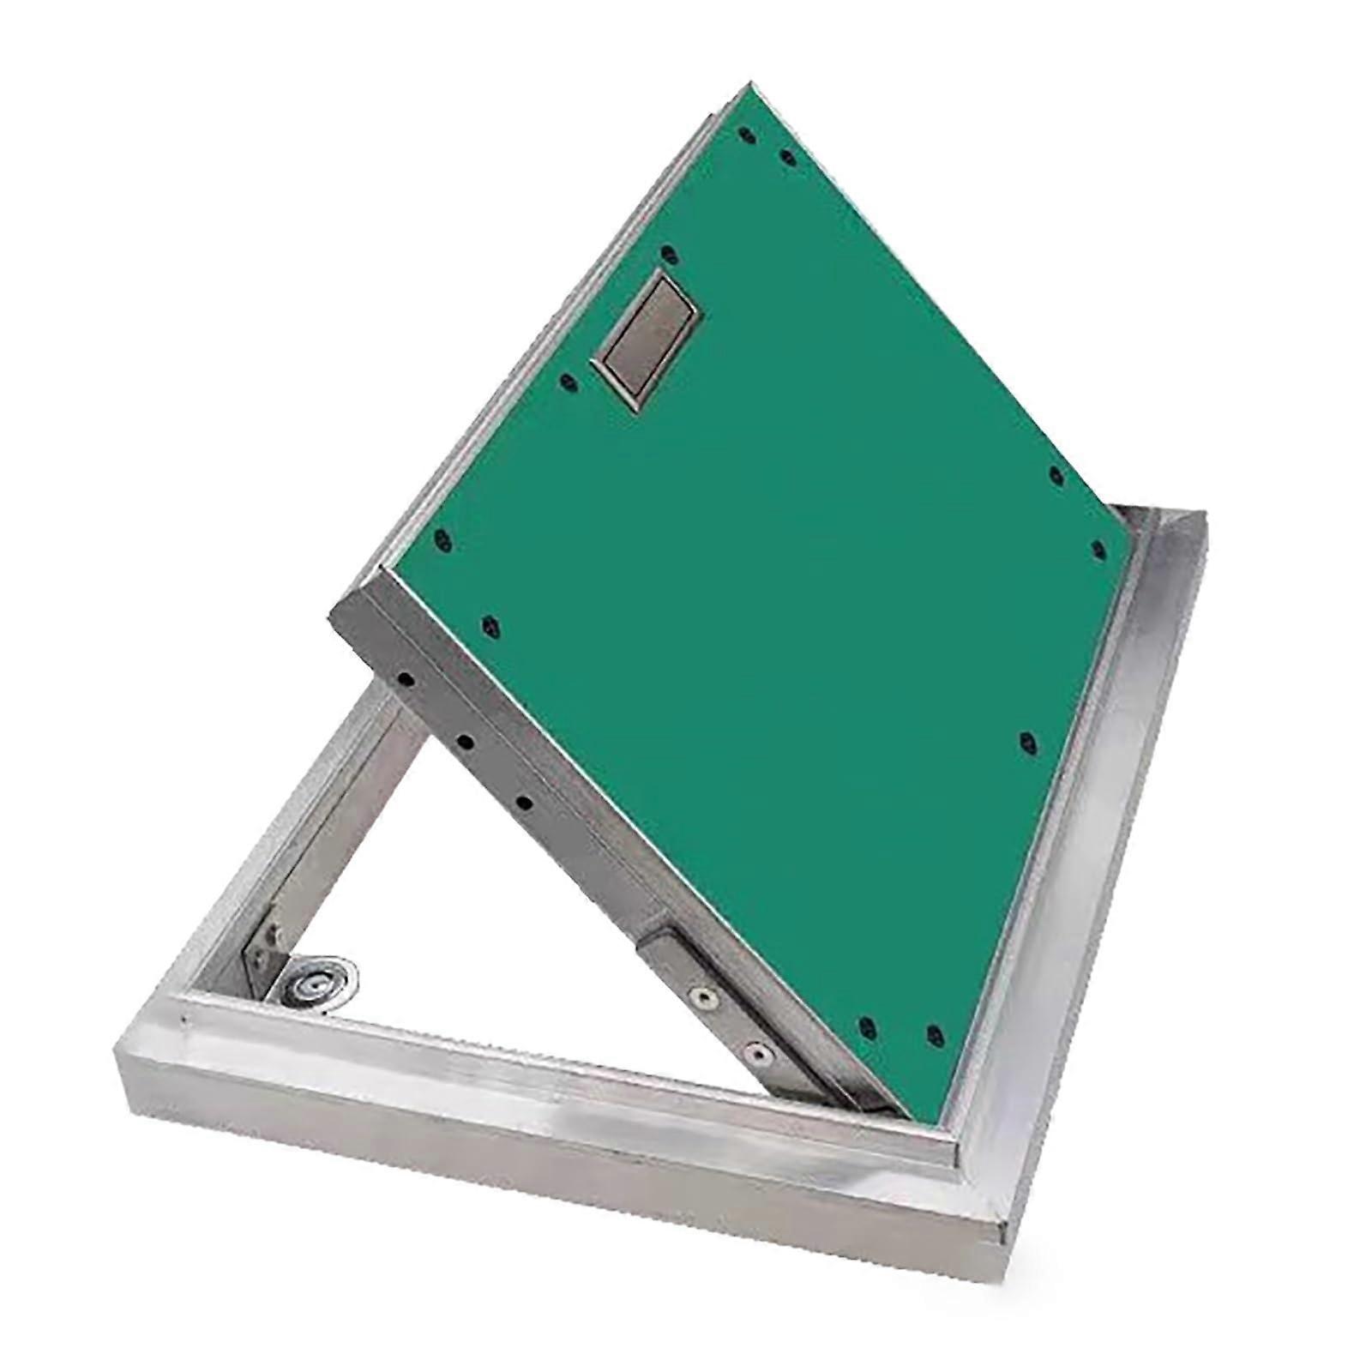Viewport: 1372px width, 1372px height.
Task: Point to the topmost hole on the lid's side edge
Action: tap(408, 680)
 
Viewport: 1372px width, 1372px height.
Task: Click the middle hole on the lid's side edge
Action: tap(464, 740)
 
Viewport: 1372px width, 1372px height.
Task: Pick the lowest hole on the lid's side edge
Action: tap(523, 803)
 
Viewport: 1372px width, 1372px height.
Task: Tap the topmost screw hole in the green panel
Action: tap(743, 135)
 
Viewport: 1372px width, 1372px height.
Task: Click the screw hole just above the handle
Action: tap(671, 254)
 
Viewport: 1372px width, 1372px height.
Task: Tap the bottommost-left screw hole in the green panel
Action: tap(866, 1026)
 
